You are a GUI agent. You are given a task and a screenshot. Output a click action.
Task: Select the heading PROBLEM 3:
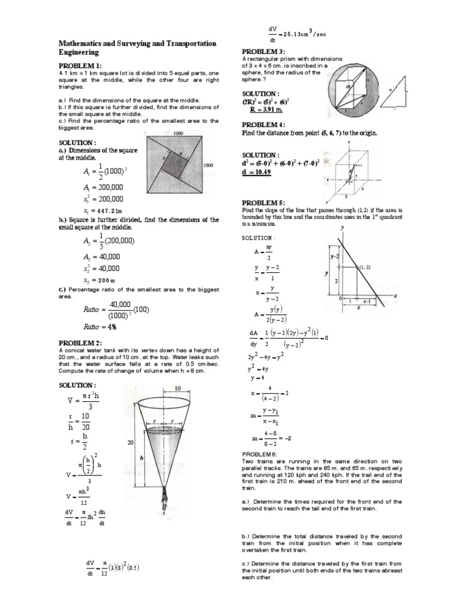pos(264,52)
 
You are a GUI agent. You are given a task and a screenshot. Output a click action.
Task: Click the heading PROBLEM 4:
pos(264,124)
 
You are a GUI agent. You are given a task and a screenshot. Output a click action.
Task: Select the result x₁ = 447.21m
pos(102,211)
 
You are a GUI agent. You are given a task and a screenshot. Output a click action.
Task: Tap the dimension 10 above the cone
pos(177,389)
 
